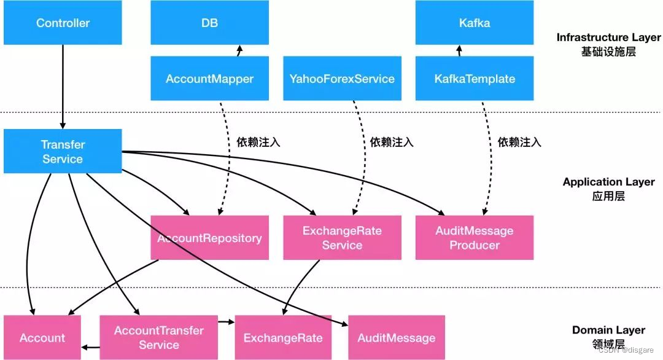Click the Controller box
(63, 23)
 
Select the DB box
(209, 23)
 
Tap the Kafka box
(475, 23)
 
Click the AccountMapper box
(209, 79)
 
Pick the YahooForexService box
(342, 79)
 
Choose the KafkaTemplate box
(475, 79)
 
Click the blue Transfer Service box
(63, 151)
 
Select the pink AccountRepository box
(209, 238)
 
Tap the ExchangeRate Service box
(342, 238)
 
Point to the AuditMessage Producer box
(475, 238)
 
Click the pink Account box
(42, 338)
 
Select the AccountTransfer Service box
(158, 338)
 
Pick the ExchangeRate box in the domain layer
(283, 338)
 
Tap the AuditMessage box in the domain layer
(396, 338)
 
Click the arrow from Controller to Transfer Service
(63, 86)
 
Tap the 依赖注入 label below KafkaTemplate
(519, 142)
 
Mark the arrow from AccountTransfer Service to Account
(90, 348)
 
